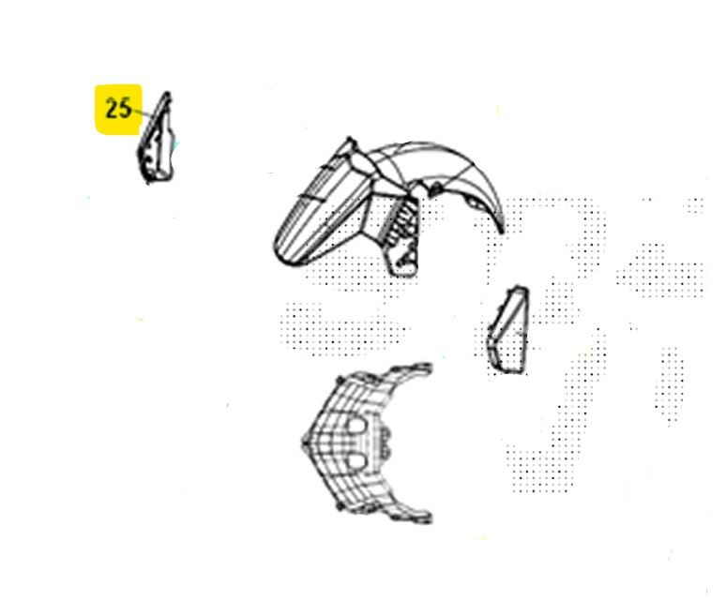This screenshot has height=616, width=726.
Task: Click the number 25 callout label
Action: click(x=118, y=109)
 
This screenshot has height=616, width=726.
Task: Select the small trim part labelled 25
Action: click(x=156, y=138)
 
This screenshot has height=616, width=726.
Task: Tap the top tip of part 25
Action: click(x=167, y=93)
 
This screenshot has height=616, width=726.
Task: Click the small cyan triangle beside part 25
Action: click(x=175, y=145)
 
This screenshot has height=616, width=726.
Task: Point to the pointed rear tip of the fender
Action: click(x=502, y=229)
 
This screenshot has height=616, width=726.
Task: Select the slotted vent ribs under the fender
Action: click(x=401, y=219)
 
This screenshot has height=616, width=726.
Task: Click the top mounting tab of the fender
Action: click(x=350, y=142)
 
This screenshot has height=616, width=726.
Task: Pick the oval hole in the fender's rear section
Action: click(x=473, y=202)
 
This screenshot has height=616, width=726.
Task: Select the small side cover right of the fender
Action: click(x=507, y=330)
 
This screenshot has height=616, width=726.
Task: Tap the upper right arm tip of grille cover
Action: click(x=426, y=368)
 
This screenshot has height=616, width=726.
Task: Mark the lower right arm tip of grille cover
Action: click(x=426, y=518)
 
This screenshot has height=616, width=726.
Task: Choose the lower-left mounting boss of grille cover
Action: click(x=340, y=507)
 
